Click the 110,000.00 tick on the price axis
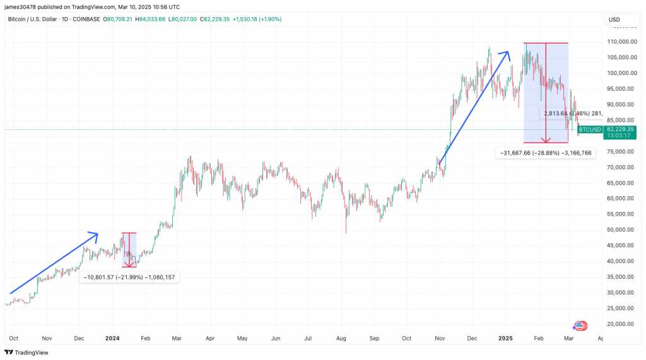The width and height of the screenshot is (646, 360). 620,42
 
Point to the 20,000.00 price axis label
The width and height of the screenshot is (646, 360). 620,324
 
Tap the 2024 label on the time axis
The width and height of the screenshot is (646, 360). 112,339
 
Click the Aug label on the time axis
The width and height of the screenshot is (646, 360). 342,339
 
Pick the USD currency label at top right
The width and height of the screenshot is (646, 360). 614,20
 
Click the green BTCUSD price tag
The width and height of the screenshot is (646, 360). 589,129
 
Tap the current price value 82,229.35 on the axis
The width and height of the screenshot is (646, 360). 620,129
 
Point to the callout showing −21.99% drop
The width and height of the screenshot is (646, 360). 129,277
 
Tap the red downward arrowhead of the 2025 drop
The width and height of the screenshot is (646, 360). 546,140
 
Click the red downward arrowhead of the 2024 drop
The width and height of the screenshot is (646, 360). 129,264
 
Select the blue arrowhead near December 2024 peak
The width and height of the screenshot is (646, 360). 507,54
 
